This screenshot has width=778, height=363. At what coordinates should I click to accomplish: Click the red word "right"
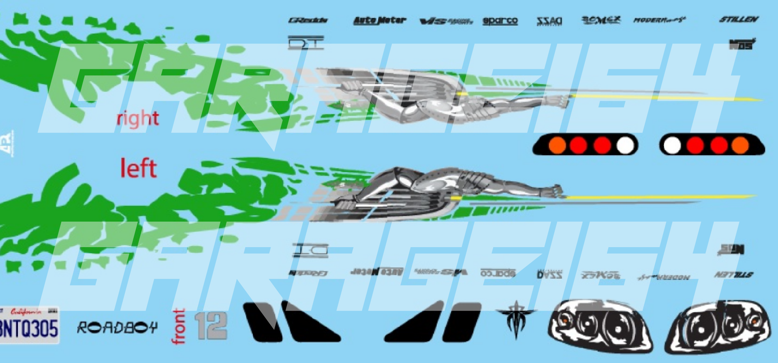point(138,119)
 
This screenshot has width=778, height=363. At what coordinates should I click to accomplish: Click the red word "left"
point(138,169)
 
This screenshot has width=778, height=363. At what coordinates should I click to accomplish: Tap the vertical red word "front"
point(179,327)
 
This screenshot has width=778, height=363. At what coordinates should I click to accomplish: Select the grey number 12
point(211,326)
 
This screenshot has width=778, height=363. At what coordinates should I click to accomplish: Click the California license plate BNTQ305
point(29,326)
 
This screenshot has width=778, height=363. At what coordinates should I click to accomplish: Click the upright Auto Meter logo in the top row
point(380,20)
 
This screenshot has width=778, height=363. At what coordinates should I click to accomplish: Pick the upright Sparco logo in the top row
point(500,21)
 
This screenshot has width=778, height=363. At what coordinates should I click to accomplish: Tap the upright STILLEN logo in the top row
point(739,19)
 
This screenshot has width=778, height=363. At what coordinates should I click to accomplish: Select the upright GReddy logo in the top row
point(308,20)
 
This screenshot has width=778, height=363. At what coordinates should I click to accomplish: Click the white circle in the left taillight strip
point(625,145)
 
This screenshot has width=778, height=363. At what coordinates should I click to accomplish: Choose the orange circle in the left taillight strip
point(557,145)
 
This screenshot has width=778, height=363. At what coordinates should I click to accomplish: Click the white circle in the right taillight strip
point(672,145)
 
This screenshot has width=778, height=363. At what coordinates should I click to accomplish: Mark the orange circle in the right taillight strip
point(740,145)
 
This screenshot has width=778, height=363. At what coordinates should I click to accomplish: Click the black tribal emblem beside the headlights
point(516,318)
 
